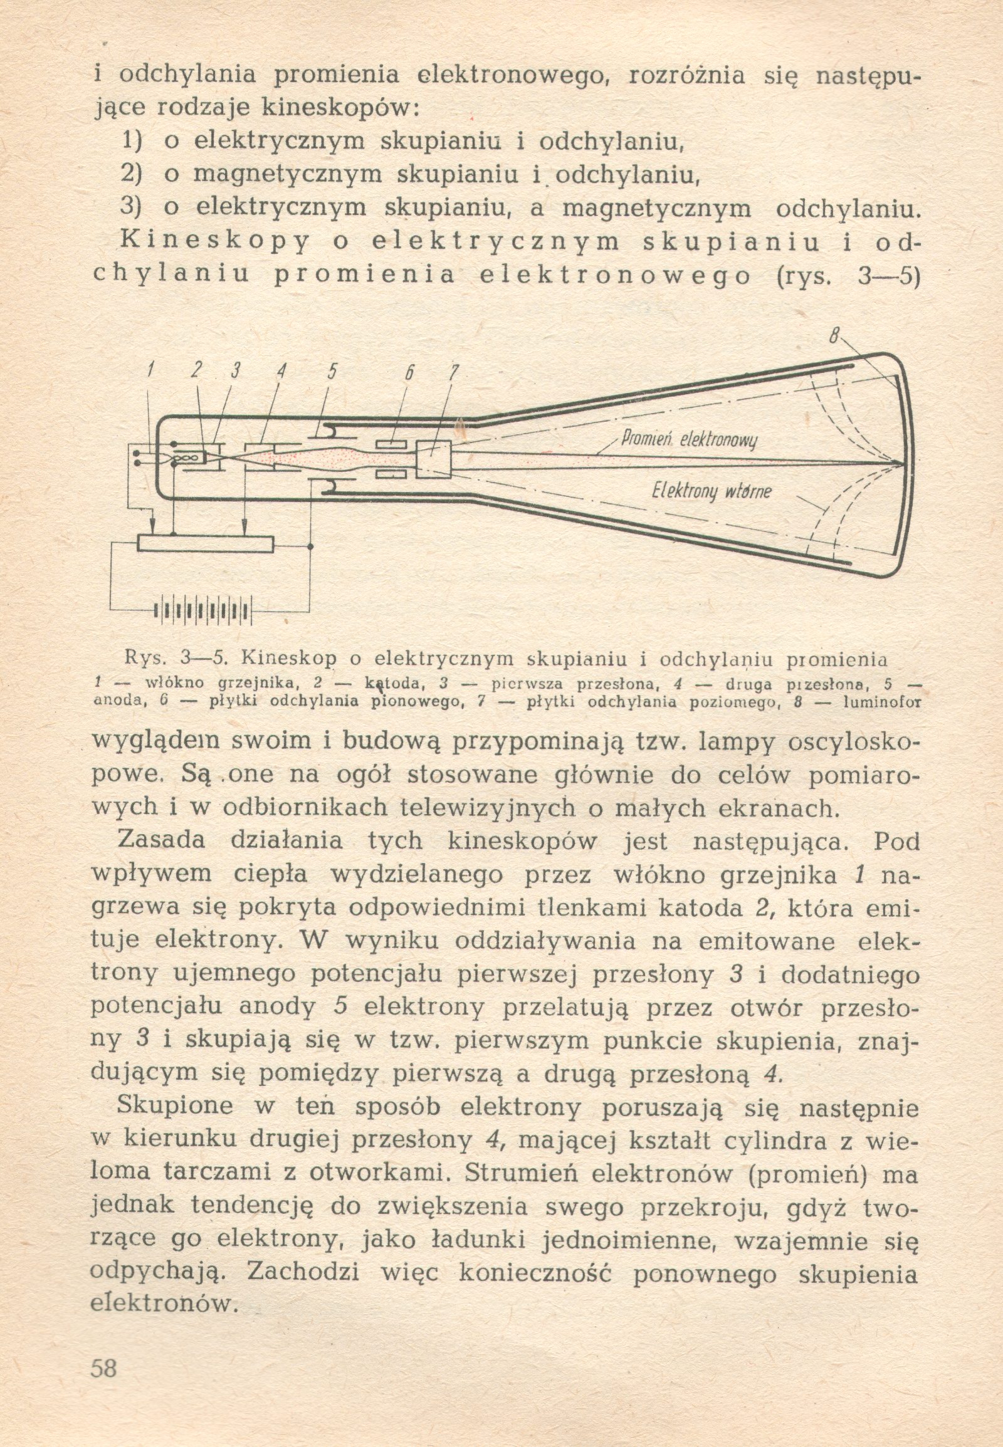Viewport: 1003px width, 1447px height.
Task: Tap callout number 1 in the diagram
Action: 150,372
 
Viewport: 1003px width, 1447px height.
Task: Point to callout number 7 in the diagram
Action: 450,373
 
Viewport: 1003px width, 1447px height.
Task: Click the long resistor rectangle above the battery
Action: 206,543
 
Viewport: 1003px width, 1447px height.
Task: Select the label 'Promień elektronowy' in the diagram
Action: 689,438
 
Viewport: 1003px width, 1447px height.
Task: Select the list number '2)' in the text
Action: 132,175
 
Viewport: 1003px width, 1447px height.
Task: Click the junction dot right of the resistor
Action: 310,546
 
